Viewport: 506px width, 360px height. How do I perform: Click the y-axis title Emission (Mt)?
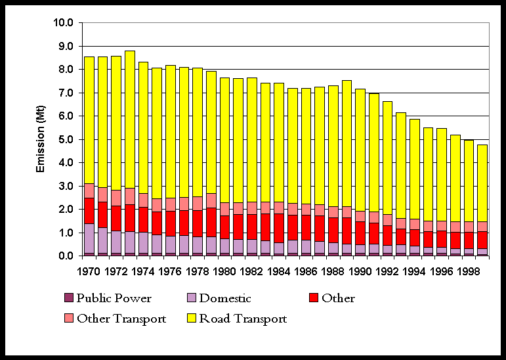40,139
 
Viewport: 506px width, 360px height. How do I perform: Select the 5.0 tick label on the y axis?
66,139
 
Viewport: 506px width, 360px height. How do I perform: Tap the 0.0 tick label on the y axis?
66,256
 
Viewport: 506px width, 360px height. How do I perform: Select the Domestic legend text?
227,298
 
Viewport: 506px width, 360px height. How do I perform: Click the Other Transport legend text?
121,319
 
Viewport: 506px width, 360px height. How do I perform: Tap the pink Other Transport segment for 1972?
116,198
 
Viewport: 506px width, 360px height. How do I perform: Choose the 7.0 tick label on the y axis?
66,93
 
